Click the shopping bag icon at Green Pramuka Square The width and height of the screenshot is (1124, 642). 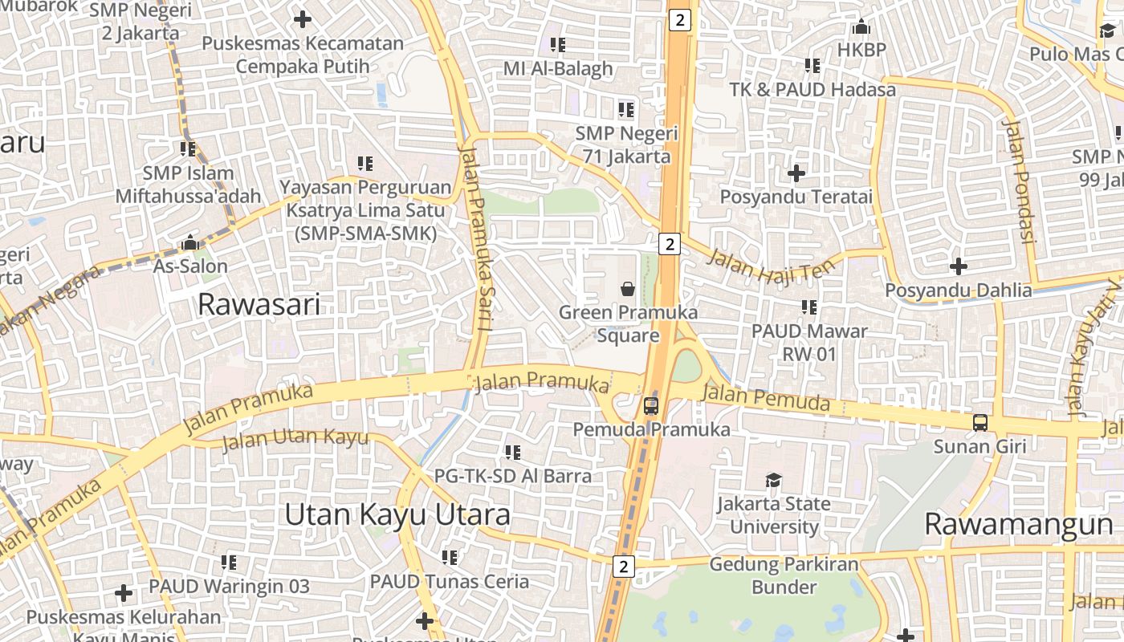[x=628, y=289]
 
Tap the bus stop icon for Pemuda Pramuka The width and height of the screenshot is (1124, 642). [x=651, y=406]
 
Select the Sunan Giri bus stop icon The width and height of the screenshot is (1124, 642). [x=979, y=423]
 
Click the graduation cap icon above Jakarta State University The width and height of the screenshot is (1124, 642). [x=773, y=480]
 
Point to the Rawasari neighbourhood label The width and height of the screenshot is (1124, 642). [x=259, y=304]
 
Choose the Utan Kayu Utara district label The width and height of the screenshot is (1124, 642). [x=397, y=514]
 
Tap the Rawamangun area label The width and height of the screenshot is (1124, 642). [x=1019, y=524]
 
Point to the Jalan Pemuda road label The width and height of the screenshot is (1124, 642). [x=765, y=397]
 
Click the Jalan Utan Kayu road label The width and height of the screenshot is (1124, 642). [x=295, y=439]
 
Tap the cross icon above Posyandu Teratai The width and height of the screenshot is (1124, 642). [x=796, y=173]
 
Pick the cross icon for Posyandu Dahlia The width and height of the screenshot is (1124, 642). [x=958, y=266]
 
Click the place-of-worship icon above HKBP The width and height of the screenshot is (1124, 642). [x=861, y=27]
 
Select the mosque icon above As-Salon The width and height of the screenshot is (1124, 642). [x=190, y=242]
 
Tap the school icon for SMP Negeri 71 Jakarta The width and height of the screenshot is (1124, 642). [x=625, y=109]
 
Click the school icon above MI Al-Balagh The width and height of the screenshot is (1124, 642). [x=557, y=45]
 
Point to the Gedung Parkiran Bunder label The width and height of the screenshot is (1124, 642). [x=784, y=575]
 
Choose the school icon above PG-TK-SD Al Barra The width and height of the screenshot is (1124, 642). [x=512, y=453]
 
